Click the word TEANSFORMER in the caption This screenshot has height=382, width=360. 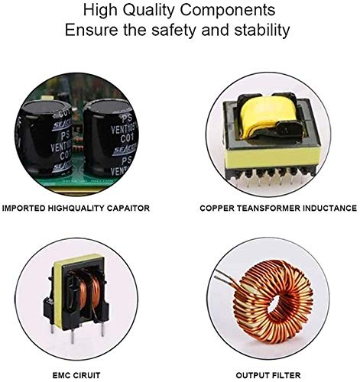(268, 207)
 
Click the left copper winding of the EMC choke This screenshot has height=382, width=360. (70, 291)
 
